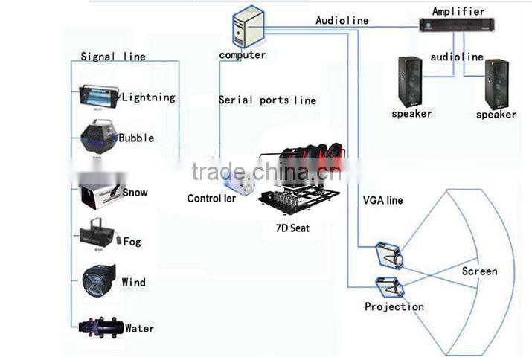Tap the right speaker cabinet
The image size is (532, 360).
[x=496, y=84]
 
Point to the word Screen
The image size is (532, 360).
[x=479, y=271]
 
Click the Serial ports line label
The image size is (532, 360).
[x=267, y=100]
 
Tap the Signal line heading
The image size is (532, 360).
[x=113, y=57]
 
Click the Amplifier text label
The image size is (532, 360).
[x=458, y=11]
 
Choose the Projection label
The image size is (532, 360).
[x=394, y=306]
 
